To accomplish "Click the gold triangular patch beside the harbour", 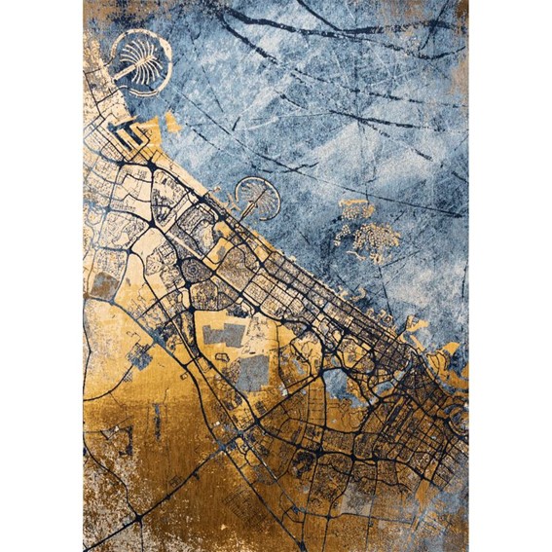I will (172, 124).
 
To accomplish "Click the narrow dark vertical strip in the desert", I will (157, 420).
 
